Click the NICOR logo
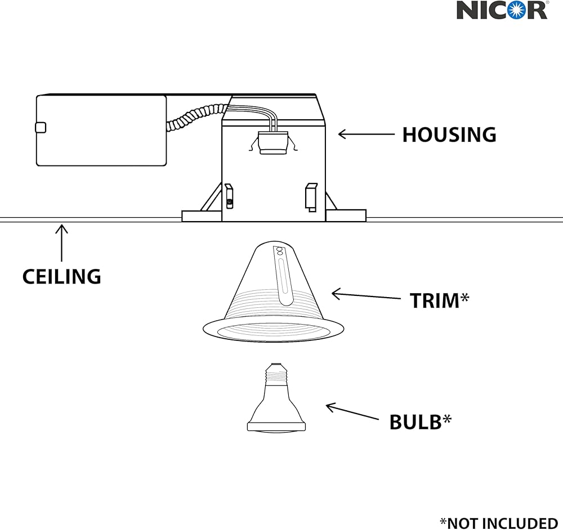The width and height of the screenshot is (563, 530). pyautogui.click(x=501, y=10)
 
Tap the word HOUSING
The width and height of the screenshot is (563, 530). pyautogui.click(x=449, y=135)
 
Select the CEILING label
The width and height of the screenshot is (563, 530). pyautogui.click(x=61, y=276)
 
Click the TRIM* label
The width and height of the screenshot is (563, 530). pyautogui.click(x=439, y=300)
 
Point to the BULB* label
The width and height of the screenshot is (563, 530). pyautogui.click(x=420, y=421)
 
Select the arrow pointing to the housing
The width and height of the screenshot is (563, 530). pyautogui.click(x=366, y=134)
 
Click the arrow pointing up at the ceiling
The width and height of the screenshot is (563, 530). pyautogui.click(x=61, y=242)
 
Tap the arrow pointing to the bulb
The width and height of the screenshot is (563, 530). pyautogui.click(x=352, y=411)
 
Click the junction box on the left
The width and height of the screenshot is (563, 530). pyautogui.click(x=101, y=131)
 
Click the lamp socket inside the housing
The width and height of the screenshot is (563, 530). pyautogui.click(x=272, y=142)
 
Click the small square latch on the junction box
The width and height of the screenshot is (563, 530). pyautogui.click(x=40, y=127)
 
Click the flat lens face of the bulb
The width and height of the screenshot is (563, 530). pyautogui.click(x=276, y=428)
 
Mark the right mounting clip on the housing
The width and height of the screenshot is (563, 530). pyautogui.click(x=311, y=197)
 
